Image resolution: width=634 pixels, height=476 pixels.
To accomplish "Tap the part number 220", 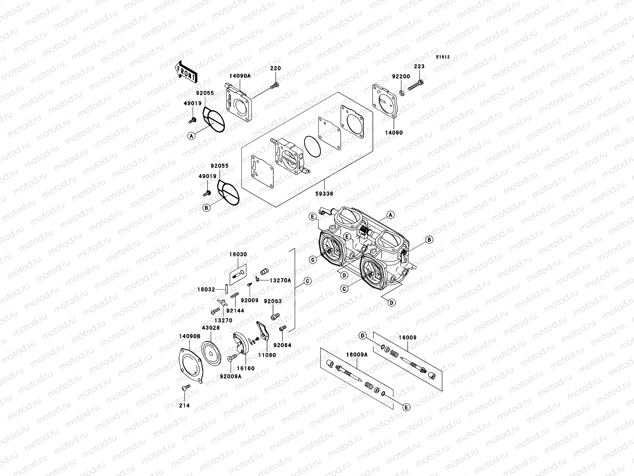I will (x=275, y=68).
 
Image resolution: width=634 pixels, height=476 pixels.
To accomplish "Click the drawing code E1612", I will (x=443, y=57).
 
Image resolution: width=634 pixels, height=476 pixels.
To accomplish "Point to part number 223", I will (x=419, y=67).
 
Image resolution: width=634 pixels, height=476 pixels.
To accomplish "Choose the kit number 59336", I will (x=324, y=194).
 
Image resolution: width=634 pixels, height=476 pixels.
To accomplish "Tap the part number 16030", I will (x=237, y=254).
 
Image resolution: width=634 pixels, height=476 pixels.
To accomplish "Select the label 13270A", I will (x=280, y=280).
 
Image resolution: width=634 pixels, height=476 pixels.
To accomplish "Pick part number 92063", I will (x=273, y=301).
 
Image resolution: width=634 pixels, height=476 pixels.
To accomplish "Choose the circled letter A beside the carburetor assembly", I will (x=390, y=215).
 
